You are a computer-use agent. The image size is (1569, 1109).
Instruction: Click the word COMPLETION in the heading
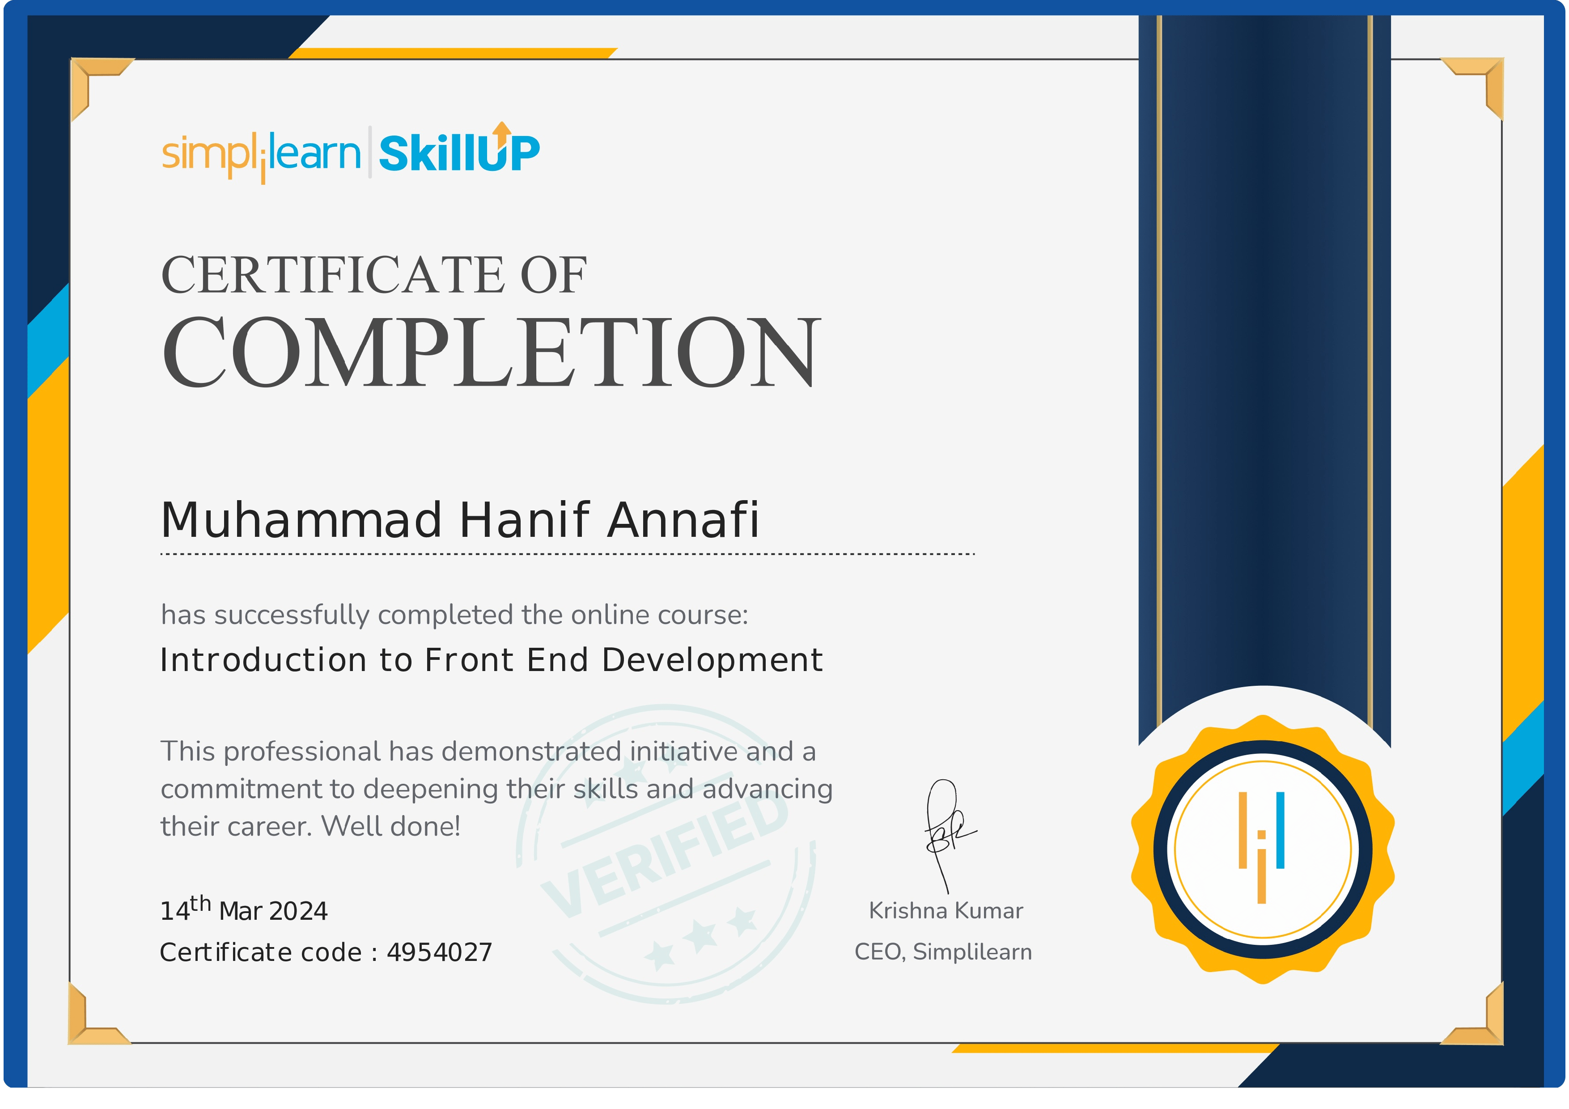[x=491, y=353]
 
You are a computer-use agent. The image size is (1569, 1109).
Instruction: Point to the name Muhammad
[x=301, y=521]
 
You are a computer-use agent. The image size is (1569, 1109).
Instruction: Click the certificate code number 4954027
[x=439, y=952]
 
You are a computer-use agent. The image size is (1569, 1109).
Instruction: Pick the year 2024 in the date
[x=299, y=912]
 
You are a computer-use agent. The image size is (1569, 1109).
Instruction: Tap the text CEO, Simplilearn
[x=943, y=952]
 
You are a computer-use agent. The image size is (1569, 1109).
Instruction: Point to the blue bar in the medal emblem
[x=1280, y=830]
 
